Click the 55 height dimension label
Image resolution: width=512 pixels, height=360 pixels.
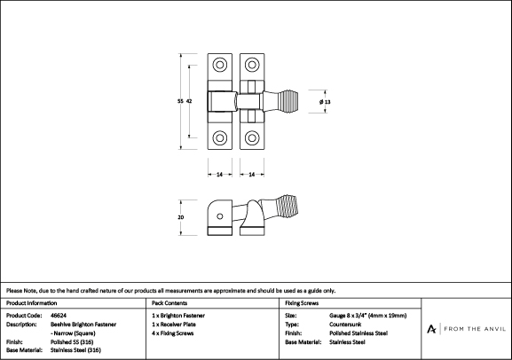(x=180, y=101)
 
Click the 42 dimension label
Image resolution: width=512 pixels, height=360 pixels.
(x=189, y=101)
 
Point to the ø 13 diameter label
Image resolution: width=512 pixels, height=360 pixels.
(x=325, y=102)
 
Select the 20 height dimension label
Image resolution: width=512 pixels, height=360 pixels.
(x=180, y=217)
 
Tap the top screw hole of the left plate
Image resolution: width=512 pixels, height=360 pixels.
(x=220, y=65)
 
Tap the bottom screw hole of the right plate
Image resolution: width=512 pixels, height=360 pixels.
(x=252, y=137)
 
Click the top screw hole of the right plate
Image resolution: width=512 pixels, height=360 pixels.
(x=252, y=65)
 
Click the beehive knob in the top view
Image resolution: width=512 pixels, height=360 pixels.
(x=288, y=101)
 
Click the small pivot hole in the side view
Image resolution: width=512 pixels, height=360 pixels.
(x=220, y=216)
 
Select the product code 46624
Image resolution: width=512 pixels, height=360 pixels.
(x=59, y=316)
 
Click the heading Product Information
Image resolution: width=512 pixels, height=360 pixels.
(x=31, y=303)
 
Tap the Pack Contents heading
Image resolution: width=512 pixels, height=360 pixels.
(x=169, y=303)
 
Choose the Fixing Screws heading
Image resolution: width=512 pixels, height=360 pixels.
(x=302, y=303)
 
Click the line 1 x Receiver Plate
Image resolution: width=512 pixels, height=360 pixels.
(x=174, y=325)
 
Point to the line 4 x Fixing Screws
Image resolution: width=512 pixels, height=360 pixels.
(x=172, y=333)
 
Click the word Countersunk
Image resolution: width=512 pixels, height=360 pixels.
(x=345, y=325)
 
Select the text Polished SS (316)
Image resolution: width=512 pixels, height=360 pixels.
(x=72, y=341)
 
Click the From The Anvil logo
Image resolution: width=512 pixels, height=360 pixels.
(x=466, y=329)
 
